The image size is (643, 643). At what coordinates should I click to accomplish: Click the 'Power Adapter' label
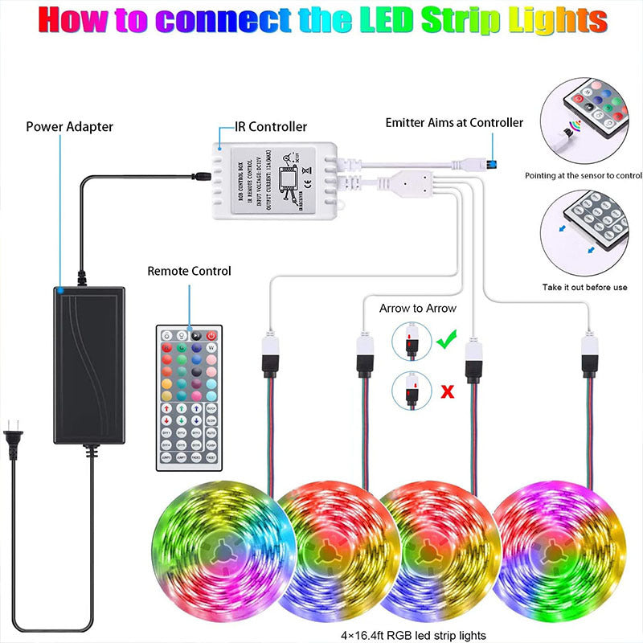pyautogui.click(x=70, y=126)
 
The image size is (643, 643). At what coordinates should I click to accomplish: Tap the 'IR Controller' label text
pyautogui.click(x=271, y=126)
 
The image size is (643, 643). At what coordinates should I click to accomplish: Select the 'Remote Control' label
pyautogui.click(x=189, y=271)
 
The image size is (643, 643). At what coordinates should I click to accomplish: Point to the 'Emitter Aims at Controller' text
pyautogui.click(x=454, y=123)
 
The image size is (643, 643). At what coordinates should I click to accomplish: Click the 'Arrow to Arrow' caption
pyautogui.click(x=417, y=308)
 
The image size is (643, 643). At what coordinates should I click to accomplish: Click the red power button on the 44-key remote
pyautogui.click(x=212, y=335)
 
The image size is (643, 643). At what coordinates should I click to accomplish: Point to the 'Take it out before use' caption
pyautogui.click(x=584, y=287)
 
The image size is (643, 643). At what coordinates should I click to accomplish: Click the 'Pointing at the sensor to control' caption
pyautogui.click(x=584, y=175)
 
